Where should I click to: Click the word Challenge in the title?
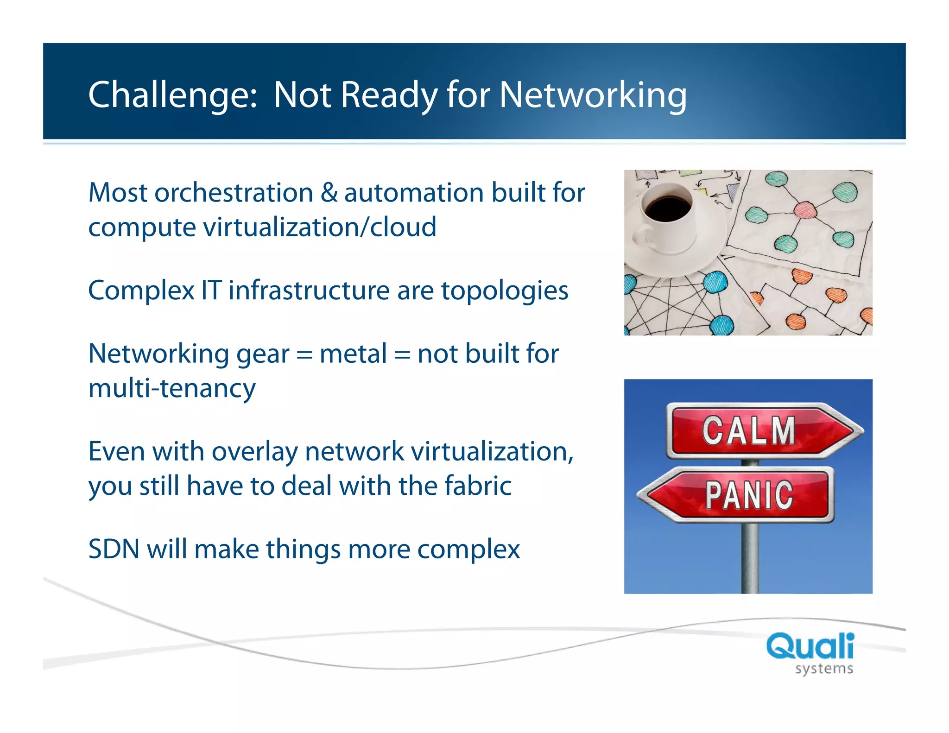click(171, 95)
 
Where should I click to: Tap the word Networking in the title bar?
click(593, 95)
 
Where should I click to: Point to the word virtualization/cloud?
click(320, 227)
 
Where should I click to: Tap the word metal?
click(353, 354)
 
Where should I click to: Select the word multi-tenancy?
click(171, 388)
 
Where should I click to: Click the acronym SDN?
click(114, 549)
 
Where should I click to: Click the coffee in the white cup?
click(667, 209)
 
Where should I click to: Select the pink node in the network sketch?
click(805, 209)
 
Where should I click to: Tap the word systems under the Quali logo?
click(824, 669)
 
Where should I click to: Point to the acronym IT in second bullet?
click(211, 291)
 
